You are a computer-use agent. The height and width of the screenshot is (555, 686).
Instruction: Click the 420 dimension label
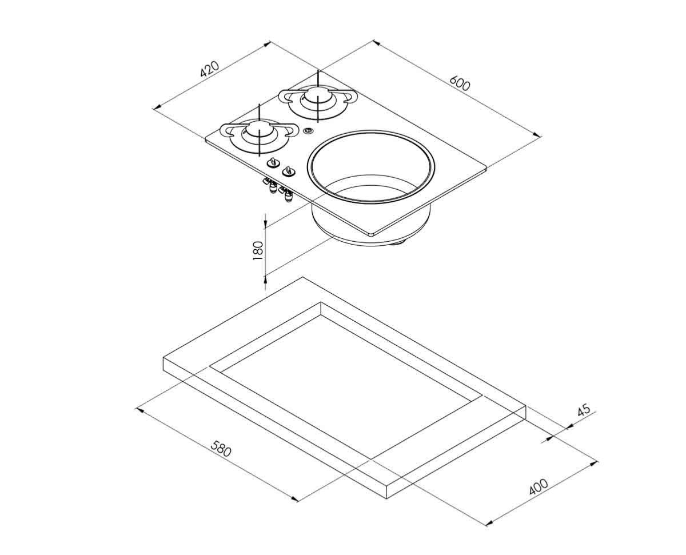[x=209, y=69]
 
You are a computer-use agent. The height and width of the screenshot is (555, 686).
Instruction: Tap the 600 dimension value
[x=460, y=83]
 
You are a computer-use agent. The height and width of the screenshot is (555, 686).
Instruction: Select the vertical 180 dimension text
[x=258, y=251]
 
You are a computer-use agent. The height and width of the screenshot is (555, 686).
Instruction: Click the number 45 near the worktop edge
[x=584, y=409]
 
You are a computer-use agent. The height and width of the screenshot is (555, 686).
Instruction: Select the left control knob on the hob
[x=273, y=162]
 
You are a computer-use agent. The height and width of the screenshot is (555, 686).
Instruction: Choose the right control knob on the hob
[x=288, y=171]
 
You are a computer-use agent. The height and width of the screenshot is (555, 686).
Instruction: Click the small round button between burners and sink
[x=308, y=131]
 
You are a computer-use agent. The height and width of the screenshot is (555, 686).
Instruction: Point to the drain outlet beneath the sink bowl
[x=398, y=243]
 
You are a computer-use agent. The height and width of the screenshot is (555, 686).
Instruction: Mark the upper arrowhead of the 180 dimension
[x=265, y=223]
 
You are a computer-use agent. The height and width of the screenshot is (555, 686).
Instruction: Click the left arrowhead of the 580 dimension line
[x=140, y=410]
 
